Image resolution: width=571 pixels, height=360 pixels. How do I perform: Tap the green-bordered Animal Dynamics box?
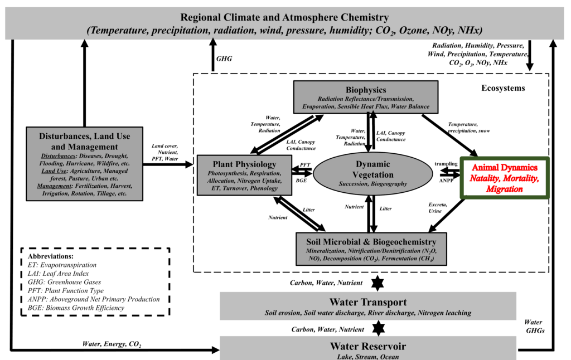[x=504, y=178]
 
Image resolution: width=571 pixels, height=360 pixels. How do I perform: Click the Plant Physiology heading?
[x=244, y=164]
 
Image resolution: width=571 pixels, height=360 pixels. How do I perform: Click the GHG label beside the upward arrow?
[x=225, y=58]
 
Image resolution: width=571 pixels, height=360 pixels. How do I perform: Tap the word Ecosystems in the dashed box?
[x=503, y=88]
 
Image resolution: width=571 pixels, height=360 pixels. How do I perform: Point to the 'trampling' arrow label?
[x=446, y=163]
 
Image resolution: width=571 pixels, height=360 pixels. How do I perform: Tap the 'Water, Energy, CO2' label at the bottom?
[x=111, y=343]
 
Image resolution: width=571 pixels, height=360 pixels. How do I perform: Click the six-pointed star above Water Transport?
[x=379, y=283]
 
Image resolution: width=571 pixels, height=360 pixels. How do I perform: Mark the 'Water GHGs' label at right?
[x=534, y=326]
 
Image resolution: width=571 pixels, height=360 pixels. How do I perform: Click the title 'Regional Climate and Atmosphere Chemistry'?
[x=284, y=17]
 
